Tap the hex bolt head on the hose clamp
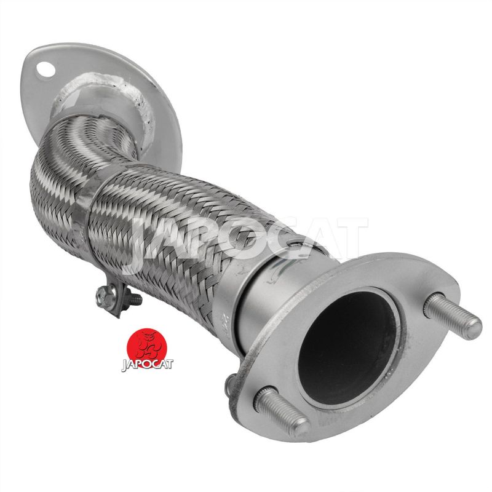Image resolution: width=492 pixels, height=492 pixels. (103, 296)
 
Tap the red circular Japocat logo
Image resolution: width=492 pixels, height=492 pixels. (146, 348)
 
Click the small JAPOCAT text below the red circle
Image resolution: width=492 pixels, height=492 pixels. (147, 365)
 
